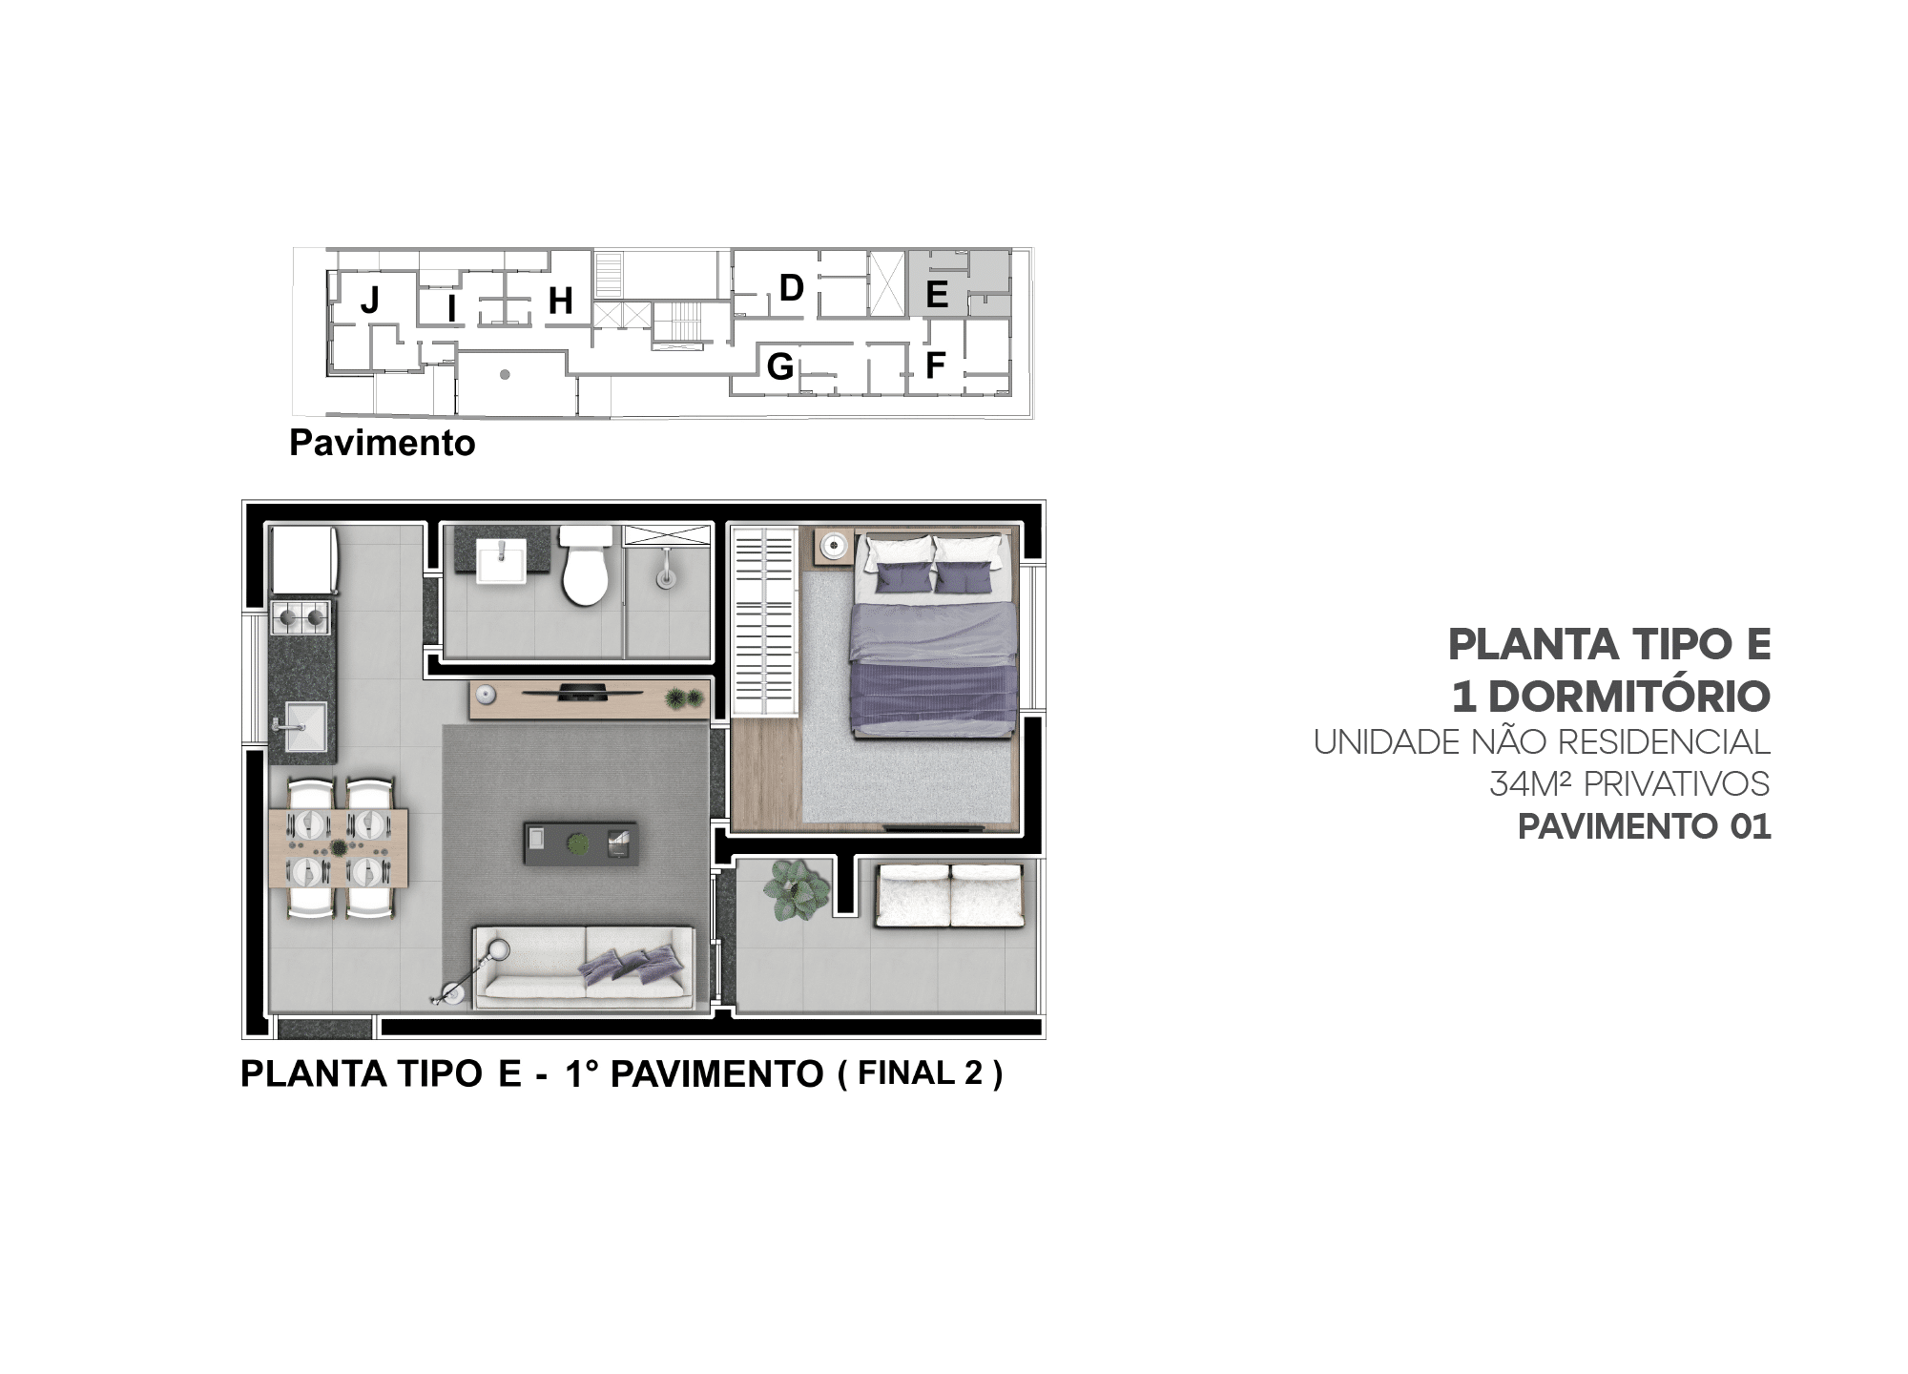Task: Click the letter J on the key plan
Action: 370,301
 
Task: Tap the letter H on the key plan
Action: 560,301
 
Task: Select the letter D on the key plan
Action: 792,287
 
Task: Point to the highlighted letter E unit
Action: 937,294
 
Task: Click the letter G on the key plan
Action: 780,365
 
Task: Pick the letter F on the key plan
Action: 935,364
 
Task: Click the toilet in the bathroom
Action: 585,565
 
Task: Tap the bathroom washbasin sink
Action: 500,560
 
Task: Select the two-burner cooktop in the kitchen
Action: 301,616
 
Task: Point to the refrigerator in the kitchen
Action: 302,560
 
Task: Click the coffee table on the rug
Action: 580,843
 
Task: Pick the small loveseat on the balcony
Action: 950,895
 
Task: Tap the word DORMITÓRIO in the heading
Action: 1629,696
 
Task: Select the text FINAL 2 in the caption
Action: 920,1073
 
